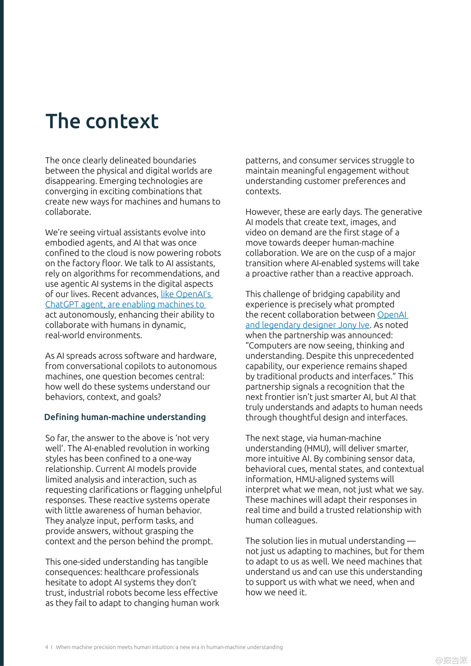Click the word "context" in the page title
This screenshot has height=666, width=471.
(x=122, y=122)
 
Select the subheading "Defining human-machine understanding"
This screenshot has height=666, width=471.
(x=125, y=417)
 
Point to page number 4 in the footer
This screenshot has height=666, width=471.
(x=47, y=647)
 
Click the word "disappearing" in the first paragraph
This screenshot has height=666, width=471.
(x=71, y=181)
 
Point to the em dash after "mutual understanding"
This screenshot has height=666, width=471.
(x=411, y=541)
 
